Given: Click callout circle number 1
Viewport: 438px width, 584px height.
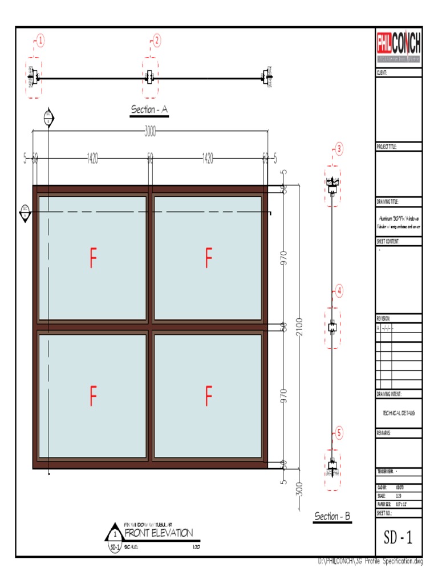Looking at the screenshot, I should pyautogui.click(x=41, y=40).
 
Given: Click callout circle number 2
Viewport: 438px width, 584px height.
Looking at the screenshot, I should pyautogui.click(x=157, y=40).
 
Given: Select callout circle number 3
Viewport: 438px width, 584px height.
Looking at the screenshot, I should pyautogui.click(x=339, y=149).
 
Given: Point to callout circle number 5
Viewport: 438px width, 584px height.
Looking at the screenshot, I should pyautogui.click(x=339, y=433).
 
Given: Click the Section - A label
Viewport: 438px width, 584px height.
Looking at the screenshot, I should pyautogui.click(x=149, y=109).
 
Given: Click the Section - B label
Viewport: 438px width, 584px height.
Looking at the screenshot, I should pyautogui.click(x=332, y=517).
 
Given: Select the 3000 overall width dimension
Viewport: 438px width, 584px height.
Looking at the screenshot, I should pyautogui.click(x=150, y=132).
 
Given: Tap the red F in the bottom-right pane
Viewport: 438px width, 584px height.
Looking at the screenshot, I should pyautogui.click(x=209, y=396).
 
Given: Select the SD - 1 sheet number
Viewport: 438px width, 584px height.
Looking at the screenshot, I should pyautogui.click(x=399, y=536).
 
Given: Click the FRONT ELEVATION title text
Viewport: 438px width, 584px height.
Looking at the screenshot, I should pyautogui.click(x=159, y=533).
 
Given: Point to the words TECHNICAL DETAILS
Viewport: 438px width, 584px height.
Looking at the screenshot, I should pyautogui.click(x=399, y=413).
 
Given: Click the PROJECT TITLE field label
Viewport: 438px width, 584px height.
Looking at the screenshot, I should pyautogui.click(x=386, y=147).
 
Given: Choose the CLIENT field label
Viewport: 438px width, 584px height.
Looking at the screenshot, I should pyautogui.click(x=382, y=73).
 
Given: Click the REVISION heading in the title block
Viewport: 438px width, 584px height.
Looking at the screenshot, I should pyautogui.click(x=383, y=318).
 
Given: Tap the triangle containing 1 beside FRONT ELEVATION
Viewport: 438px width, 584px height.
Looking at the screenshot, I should pyautogui.click(x=115, y=535).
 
